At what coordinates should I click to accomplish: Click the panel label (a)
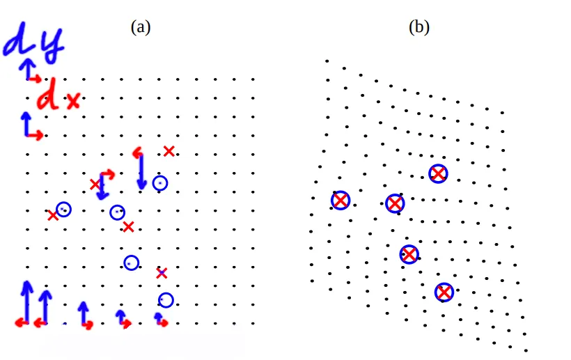coord(141,27)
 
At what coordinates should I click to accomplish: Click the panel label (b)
coord(419,27)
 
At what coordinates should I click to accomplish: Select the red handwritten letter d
coord(48,97)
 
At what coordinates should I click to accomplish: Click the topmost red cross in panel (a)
coord(169,151)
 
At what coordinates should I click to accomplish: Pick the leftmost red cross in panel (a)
coord(53,216)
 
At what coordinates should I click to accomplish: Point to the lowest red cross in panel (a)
coord(162,274)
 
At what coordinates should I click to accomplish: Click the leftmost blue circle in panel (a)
coord(63,209)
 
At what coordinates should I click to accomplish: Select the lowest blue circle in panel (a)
coord(166,300)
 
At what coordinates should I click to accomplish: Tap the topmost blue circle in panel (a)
coord(160,183)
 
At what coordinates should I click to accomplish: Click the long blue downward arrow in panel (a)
coord(141,171)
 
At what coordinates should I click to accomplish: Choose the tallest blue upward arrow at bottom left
coord(27,301)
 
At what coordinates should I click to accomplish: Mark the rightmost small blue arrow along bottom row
coord(159,319)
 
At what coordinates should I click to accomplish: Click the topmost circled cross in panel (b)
coord(437,173)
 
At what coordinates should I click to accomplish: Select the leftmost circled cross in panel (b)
coord(340,201)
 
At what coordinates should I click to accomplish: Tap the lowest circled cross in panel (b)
coord(444,292)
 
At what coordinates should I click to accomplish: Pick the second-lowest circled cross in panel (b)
coord(409,254)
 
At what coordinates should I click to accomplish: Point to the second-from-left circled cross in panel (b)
coord(395,203)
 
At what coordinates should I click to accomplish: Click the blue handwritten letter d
coord(17,44)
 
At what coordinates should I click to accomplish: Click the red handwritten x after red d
coord(73,102)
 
